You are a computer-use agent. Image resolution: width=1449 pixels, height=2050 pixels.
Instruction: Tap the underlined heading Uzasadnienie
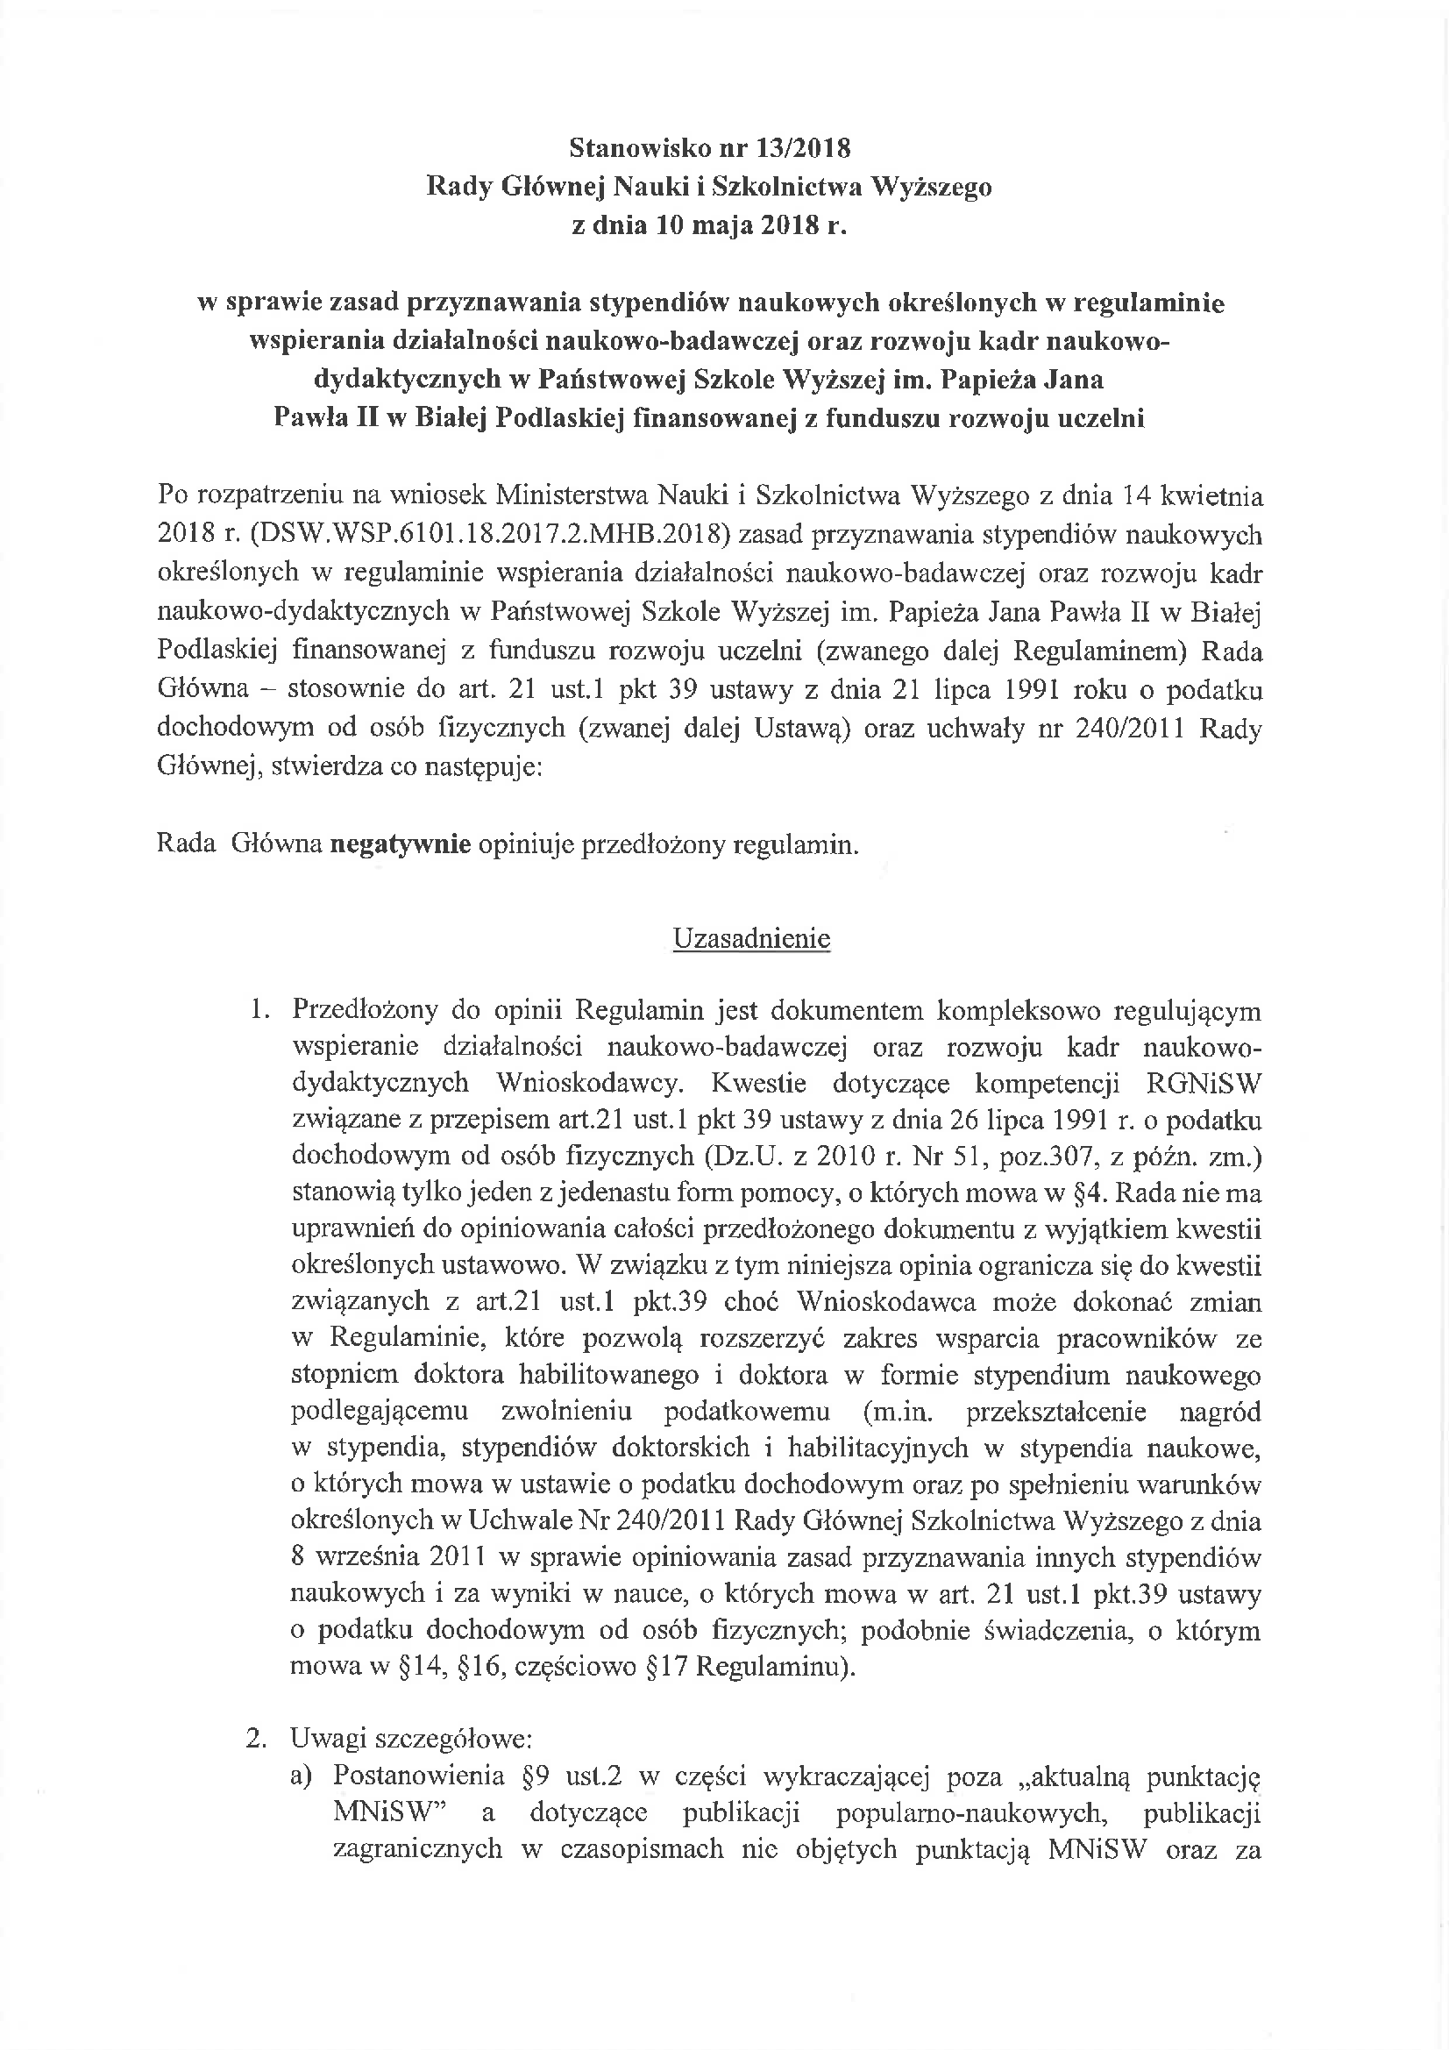[x=751, y=938]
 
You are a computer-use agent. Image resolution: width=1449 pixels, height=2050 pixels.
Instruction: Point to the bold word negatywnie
[x=400, y=844]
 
